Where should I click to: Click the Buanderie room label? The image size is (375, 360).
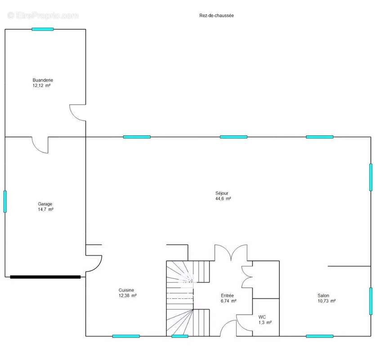click(43, 80)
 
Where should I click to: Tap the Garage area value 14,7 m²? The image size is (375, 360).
click(46, 209)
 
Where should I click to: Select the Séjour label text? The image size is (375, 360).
click(222, 193)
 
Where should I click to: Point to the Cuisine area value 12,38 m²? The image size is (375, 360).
click(127, 296)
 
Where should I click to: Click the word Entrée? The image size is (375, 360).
click(227, 296)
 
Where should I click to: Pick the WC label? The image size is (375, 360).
click(262, 317)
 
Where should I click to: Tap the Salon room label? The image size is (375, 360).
click(323, 296)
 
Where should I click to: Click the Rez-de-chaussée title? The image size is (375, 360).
click(216, 16)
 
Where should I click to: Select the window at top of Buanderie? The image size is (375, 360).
click(43, 29)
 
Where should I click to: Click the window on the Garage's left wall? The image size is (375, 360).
click(5, 202)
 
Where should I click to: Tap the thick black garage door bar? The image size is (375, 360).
click(45, 277)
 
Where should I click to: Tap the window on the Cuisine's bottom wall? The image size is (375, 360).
click(126, 336)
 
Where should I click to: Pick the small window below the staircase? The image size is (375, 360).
click(180, 336)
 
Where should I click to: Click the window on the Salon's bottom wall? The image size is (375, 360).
click(320, 336)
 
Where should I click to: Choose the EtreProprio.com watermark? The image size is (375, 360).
click(43, 16)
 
